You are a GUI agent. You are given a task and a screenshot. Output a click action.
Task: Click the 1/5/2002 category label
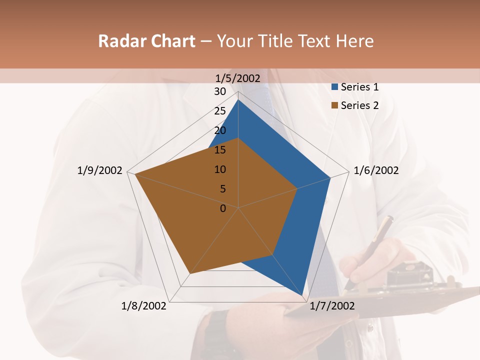238,78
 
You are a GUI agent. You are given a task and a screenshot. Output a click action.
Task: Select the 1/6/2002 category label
376,170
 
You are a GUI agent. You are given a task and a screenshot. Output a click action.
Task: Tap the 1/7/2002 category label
332,306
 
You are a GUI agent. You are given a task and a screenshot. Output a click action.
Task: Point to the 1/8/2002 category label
144,306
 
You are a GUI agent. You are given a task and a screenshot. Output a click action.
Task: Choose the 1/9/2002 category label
100,170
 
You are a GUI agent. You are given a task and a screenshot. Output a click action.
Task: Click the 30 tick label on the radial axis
220,91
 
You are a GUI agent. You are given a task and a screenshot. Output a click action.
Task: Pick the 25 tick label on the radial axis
220,111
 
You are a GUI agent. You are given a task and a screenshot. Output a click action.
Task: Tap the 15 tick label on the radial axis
220,150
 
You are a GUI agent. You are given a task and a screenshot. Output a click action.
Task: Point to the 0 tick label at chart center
223,208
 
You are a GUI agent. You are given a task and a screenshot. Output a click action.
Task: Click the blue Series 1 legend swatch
334,87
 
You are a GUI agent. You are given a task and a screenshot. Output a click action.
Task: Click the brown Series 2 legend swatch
334,105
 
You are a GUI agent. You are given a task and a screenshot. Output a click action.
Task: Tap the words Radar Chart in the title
146,41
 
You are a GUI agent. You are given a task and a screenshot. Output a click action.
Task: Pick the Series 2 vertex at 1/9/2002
134,174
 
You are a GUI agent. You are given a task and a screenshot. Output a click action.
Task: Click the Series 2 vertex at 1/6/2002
297,188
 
